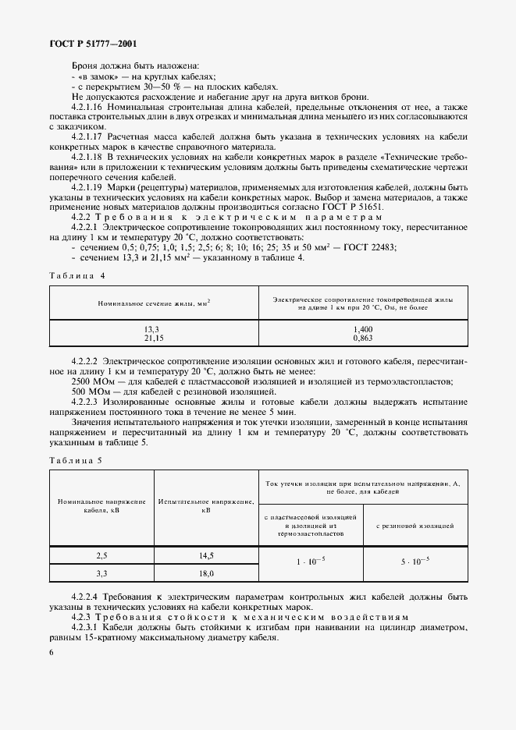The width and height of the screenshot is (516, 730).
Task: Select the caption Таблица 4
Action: (76, 275)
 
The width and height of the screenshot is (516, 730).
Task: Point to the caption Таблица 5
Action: (76, 460)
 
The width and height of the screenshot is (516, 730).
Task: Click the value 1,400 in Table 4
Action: (363, 331)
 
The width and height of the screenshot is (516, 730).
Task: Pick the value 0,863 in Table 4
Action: (363, 338)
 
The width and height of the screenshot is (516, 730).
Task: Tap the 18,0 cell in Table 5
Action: (205, 572)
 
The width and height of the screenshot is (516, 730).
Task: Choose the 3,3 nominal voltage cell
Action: (101, 572)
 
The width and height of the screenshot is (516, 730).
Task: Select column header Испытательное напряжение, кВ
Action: (205, 505)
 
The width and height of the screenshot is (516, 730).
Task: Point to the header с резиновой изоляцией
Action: (415, 526)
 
